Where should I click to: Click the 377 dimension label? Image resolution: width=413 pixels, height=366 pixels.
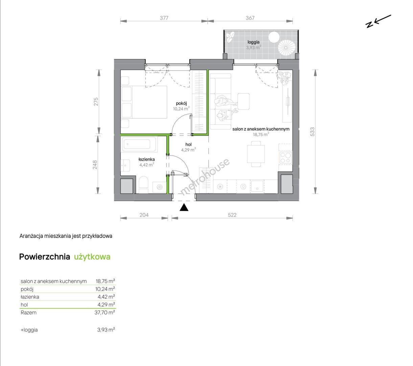[164, 18]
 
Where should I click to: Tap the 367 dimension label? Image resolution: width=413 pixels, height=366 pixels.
[250, 18]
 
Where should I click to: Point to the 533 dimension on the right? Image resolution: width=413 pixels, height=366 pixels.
[312, 132]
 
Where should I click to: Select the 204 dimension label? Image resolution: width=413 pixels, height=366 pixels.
[144, 215]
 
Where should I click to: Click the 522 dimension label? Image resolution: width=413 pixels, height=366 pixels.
[232, 215]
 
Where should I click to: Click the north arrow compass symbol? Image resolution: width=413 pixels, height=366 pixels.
[378, 21]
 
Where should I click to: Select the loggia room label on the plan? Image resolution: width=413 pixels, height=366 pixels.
[253, 42]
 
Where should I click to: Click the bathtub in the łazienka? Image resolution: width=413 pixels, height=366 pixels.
[140, 144]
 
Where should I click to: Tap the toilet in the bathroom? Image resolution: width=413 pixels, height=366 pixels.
[143, 185]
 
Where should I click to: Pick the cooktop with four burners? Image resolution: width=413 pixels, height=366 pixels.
[285, 158]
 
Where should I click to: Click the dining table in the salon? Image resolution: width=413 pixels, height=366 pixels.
[256, 154]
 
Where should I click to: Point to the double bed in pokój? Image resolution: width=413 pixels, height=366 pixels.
[144, 102]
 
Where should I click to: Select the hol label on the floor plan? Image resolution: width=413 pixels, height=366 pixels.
[188, 145]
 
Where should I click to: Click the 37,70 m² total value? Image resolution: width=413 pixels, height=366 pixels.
[105, 312]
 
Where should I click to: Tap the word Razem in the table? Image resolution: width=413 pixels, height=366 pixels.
[28, 312]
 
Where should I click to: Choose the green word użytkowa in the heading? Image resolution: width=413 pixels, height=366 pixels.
[92, 257]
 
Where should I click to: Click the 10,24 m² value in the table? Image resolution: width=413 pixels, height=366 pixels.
[105, 289]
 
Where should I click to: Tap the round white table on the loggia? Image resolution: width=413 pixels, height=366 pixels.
[274, 37]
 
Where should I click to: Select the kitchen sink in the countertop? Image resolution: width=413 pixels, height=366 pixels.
[257, 186]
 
